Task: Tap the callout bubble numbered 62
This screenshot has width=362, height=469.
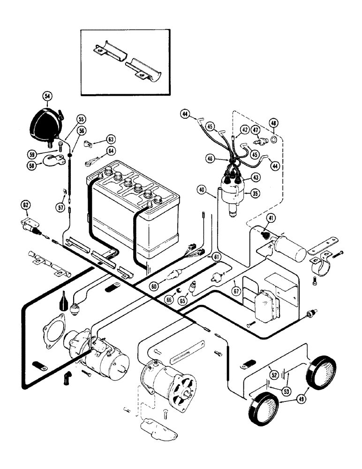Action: click(25, 204)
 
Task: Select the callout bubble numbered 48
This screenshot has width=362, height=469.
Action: click(274, 123)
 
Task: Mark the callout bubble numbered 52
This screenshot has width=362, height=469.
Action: click(273, 373)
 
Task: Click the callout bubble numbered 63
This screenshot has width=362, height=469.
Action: click(110, 139)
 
